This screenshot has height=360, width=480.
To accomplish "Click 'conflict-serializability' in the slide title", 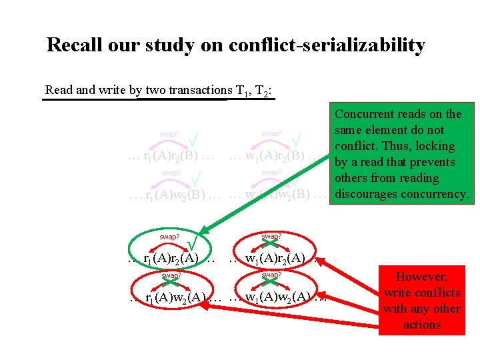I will coord(326,45).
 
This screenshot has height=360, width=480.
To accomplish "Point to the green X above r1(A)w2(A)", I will coord(170,283).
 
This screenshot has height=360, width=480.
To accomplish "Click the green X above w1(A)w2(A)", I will coord(270,283).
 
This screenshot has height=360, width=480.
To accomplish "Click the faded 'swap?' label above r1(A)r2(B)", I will coord(170,134).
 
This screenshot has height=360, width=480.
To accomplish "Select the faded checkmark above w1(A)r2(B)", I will coord(298,139).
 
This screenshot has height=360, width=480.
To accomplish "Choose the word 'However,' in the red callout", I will coord(421,277).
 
